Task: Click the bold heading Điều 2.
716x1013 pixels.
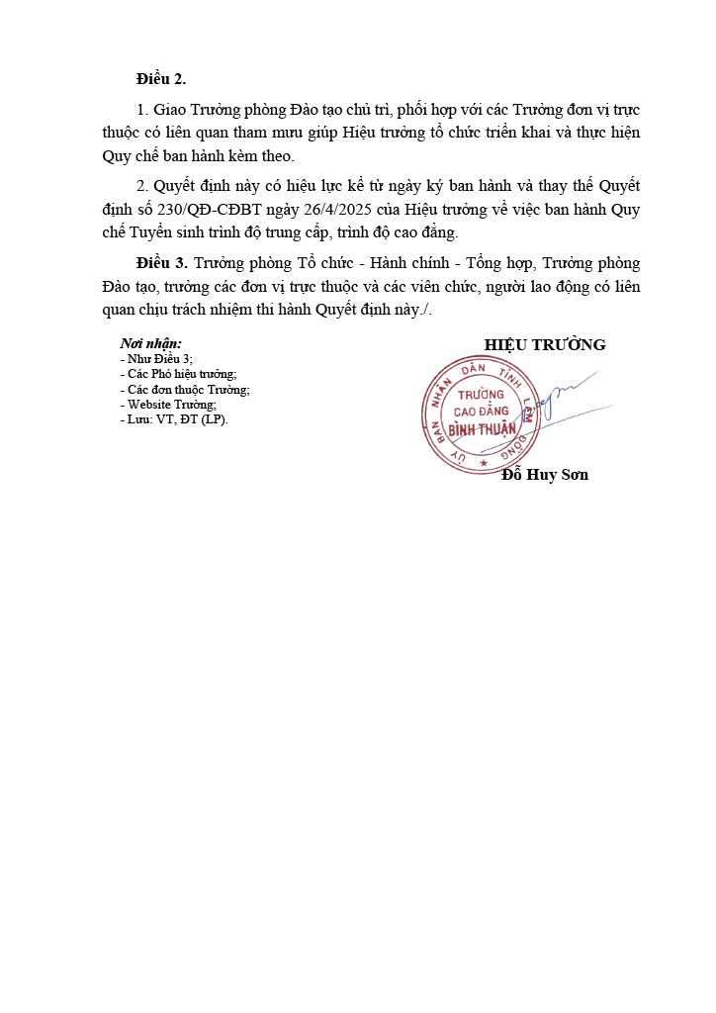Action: [x=161, y=79]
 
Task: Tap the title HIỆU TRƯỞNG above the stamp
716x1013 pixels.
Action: [x=545, y=344]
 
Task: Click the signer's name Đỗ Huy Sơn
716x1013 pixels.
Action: [x=545, y=475]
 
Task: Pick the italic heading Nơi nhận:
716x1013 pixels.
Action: [x=150, y=343]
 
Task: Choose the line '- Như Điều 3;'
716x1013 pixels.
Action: [x=156, y=358]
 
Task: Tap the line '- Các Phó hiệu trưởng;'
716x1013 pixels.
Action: [x=178, y=374]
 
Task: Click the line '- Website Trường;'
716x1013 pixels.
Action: [x=167, y=404]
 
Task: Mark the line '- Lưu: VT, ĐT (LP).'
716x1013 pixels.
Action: [x=173, y=418]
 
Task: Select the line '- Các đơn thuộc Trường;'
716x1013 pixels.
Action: [x=184, y=389]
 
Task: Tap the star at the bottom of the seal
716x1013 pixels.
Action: [x=484, y=462]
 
